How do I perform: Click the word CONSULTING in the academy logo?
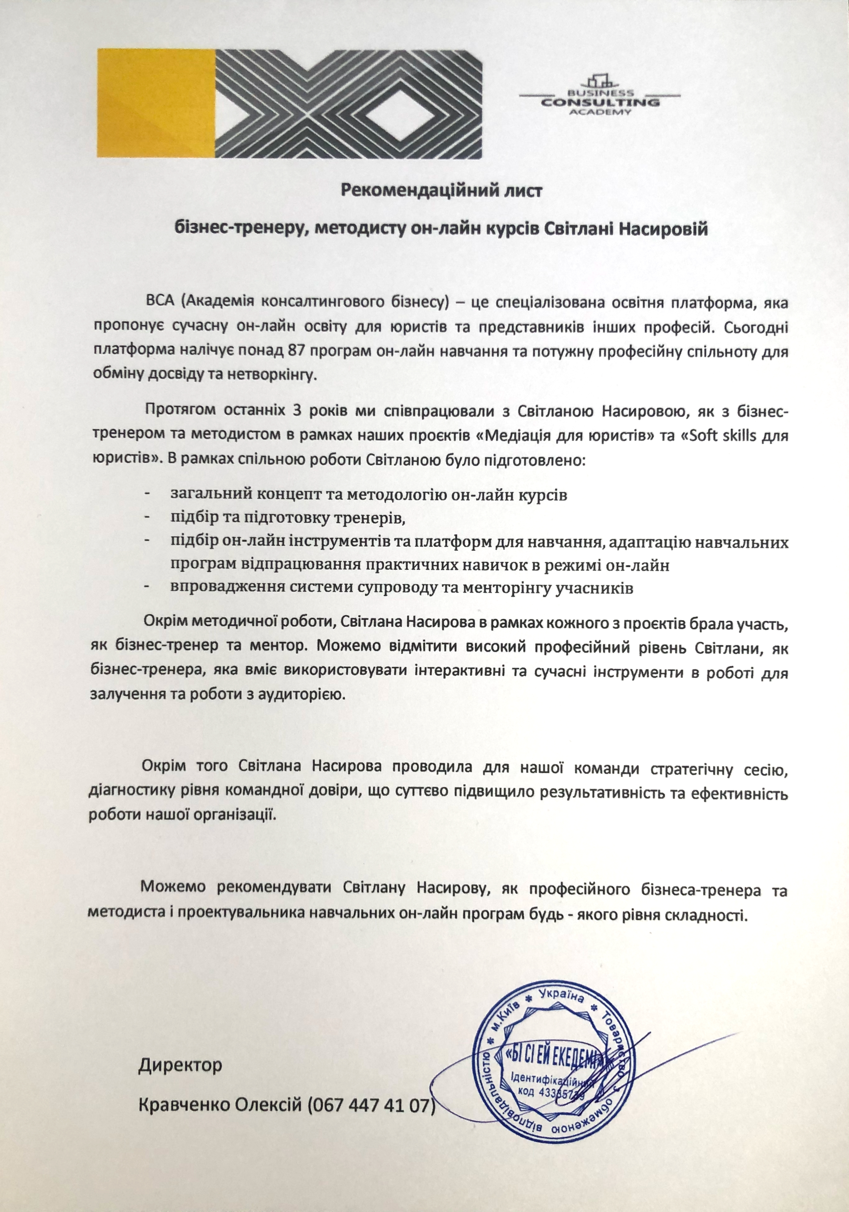600,102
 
